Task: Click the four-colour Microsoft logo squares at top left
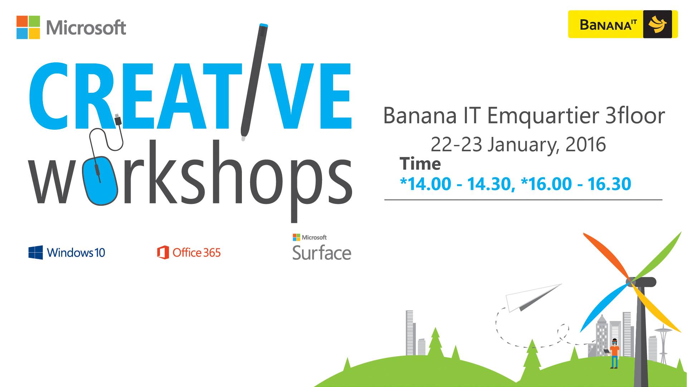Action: tap(28, 27)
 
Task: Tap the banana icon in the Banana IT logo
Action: tap(658, 24)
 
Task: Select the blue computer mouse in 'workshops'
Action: tap(101, 181)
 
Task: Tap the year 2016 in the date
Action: tap(586, 144)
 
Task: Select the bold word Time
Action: tap(420, 164)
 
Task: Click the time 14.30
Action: tap(491, 184)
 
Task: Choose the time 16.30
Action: tap(609, 184)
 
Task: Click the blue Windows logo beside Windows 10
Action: tap(36, 253)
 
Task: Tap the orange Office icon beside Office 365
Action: tap(163, 253)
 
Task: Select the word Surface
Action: tap(322, 253)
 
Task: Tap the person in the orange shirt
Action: tap(614, 353)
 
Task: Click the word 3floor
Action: tap(635, 115)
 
